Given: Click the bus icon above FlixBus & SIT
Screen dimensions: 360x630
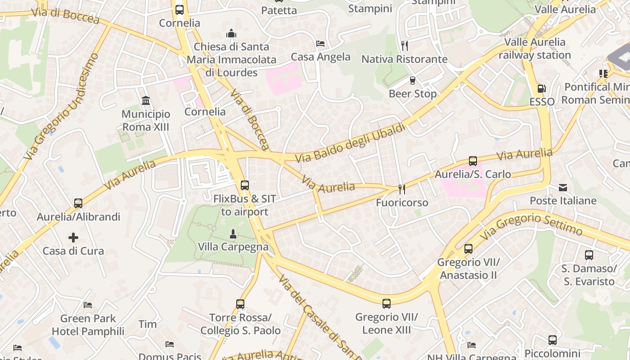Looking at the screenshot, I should tap(244, 185).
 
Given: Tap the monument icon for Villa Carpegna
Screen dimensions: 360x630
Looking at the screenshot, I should tap(233, 234).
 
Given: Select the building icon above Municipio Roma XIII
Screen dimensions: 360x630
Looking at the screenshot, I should tap(145, 101).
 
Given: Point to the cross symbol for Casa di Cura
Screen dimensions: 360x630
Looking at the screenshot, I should tap(73, 237).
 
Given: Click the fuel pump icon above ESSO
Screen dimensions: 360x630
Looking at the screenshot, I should tap(542, 89).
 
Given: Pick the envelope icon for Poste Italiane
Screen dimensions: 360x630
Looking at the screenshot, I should tap(562, 188).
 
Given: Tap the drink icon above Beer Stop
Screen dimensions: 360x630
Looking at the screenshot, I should tap(412, 81).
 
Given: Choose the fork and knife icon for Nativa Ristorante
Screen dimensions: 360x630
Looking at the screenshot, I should tap(404, 45).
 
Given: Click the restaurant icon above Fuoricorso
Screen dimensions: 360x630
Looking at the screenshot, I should tap(401, 189).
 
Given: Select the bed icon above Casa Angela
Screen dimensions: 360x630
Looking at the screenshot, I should tap(320, 44).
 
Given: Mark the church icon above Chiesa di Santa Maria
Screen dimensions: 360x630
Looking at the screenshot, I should tap(231, 33).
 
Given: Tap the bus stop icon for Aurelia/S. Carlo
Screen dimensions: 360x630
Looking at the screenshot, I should tap(472, 161).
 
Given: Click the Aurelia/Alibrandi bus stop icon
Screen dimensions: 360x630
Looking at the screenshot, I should tap(78, 203).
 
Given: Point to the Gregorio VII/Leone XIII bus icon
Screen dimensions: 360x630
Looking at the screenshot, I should tap(386, 304).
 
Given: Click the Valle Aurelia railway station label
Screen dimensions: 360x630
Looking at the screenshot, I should tap(535, 49).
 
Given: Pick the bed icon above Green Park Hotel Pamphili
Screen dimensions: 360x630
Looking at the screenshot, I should tap(88, 305).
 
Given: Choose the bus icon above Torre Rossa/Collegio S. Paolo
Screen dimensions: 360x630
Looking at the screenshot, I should tap(240, 304).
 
